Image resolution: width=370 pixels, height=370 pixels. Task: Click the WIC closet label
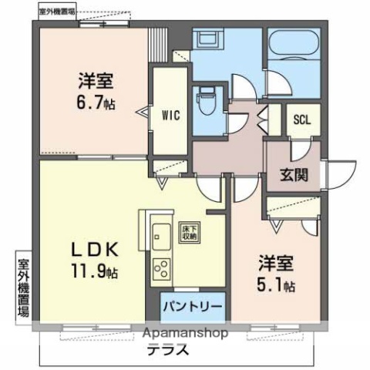click(x=170, y=116)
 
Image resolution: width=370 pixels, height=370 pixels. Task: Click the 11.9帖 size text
click(x=96, y=271)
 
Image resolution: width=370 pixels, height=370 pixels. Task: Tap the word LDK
click(x=94, y=250)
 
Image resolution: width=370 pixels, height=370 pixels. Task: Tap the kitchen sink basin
click(x=162, y=234)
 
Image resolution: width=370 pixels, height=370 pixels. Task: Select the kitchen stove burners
click(x=162, y=270)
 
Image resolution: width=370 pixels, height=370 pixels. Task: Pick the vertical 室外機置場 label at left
click(x=23, y=287)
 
